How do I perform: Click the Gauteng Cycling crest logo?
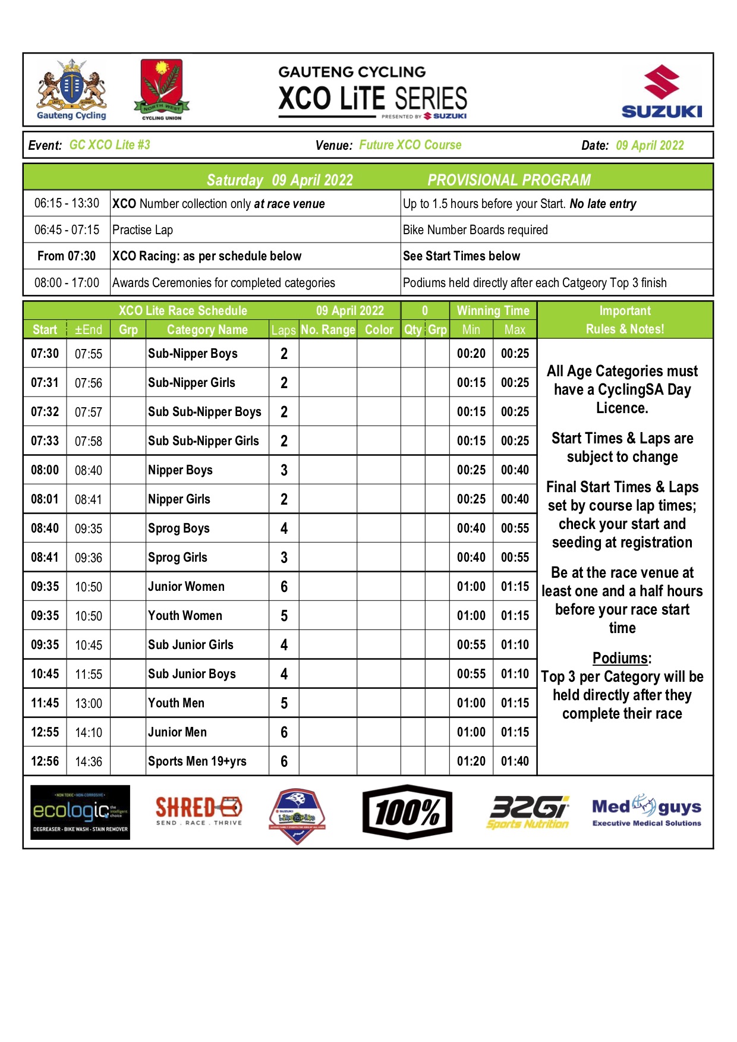[71, 89]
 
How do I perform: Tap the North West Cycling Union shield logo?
[162, 89]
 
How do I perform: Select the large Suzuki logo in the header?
[662, 92]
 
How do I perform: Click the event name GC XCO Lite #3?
[110, 145]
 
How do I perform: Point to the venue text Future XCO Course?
[410, 145]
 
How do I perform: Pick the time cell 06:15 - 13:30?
[67, 203]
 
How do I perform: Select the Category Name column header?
[207, 330]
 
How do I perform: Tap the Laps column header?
[284, 330]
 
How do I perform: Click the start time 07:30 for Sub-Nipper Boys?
[45, 354]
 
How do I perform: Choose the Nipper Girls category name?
[179, 499]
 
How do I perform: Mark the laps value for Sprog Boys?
[284, 528]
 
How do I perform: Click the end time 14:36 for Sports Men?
[89, 761]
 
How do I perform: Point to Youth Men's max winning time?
[515, 703]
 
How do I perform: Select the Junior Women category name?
[186, 587]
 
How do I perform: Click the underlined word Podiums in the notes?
[621, 659]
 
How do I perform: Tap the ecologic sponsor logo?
[80, 812]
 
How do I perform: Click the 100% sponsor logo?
[407, 812]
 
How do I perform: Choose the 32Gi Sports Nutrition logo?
[528, 812]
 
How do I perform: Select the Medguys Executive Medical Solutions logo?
[647, 811]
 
